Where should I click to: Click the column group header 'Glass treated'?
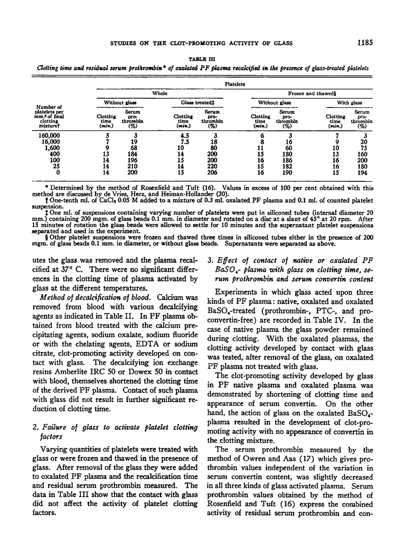coord(188,102)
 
